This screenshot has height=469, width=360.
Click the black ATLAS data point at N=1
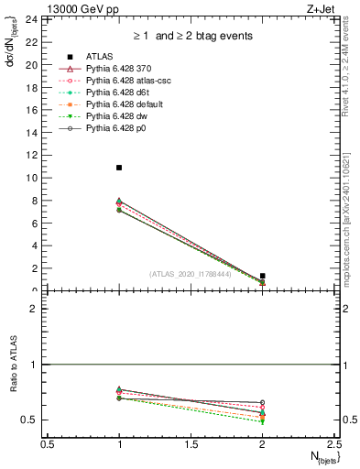tap(119, 168)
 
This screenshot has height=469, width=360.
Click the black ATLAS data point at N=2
tap(263, 276)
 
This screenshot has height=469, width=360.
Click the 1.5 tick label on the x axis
tap(191, 444)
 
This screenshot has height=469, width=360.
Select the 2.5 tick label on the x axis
tap(333, 444)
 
